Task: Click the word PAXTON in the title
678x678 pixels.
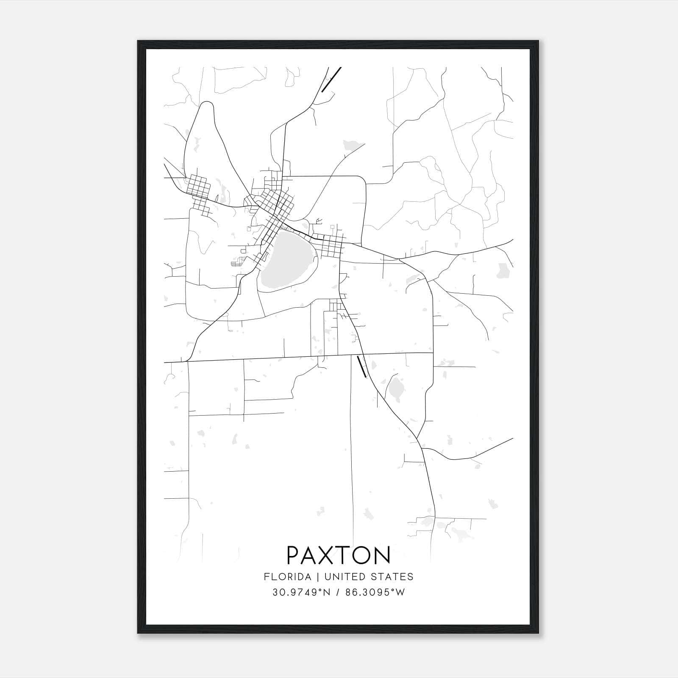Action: (339, 555)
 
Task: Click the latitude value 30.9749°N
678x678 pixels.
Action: (301, 592)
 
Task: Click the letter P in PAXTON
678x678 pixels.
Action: (293, 555)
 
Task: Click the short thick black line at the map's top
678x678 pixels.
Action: (331, 79)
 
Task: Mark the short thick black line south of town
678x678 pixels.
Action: (362, 367)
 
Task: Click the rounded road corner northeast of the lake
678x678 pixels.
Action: (361, 180)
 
